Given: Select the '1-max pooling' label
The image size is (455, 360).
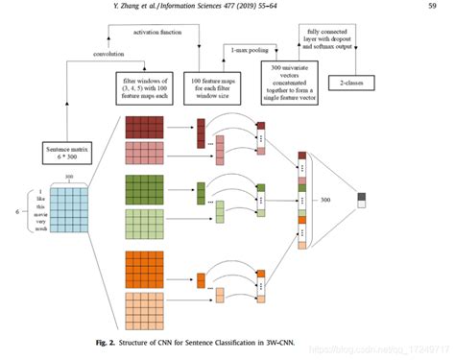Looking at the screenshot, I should pyautogui.click(x=249, y=47).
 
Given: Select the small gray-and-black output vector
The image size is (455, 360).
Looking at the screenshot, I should pyautogui.click(x=361, y=200).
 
